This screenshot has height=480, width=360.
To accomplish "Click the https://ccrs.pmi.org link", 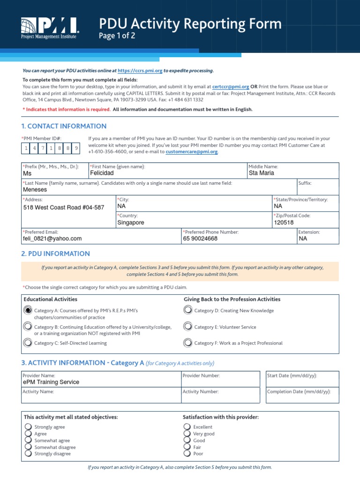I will click(x=140, y=71).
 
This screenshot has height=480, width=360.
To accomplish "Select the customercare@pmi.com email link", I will click(x=192, y=152).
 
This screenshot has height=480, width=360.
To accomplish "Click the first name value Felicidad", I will click(x=102, y=173).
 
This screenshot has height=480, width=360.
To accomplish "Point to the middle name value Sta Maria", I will click(x=262, y=173).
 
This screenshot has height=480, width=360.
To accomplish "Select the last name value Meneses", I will click(x=36, y=190).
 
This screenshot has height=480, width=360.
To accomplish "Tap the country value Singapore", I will click(x=131, y=223).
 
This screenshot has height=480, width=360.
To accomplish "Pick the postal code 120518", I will click(x=284, y=223).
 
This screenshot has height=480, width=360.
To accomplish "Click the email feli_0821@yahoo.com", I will click(x=52, y=239).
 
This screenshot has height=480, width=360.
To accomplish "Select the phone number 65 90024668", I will click(x=200, y=239).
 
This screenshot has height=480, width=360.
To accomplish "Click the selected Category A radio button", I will click(x=28, y=310).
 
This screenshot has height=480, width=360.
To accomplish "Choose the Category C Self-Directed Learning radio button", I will click(x=28, y=343).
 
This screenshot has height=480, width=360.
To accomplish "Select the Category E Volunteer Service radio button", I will click(x=188, y=326).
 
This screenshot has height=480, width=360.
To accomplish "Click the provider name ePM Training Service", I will click(x=51, y=382).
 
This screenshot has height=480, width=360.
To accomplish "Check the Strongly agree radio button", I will click(x=28, y=427).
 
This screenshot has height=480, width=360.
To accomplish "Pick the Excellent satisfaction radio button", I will click(x=187, y=427).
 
